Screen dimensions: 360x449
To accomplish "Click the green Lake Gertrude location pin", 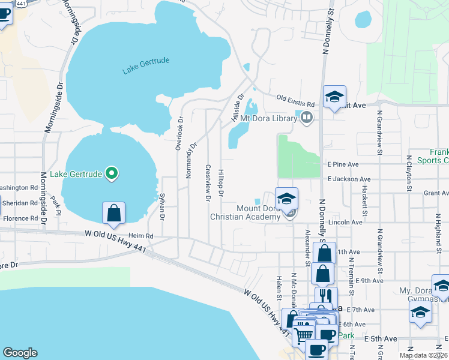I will pos(111,175).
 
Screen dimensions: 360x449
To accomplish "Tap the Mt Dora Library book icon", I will pos(307,117).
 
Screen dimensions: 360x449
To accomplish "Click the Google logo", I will pos(20,353).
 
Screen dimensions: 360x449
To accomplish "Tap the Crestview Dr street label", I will pos(208,182).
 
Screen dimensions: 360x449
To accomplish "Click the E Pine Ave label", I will pos(343,164).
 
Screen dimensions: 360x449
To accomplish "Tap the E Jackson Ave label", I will pos(349,179).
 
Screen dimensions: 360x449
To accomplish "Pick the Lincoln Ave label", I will pos(349,222).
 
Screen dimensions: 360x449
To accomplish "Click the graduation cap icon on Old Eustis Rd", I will pos(334,96).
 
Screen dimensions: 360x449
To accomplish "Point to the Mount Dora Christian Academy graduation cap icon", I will pos(287,198).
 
